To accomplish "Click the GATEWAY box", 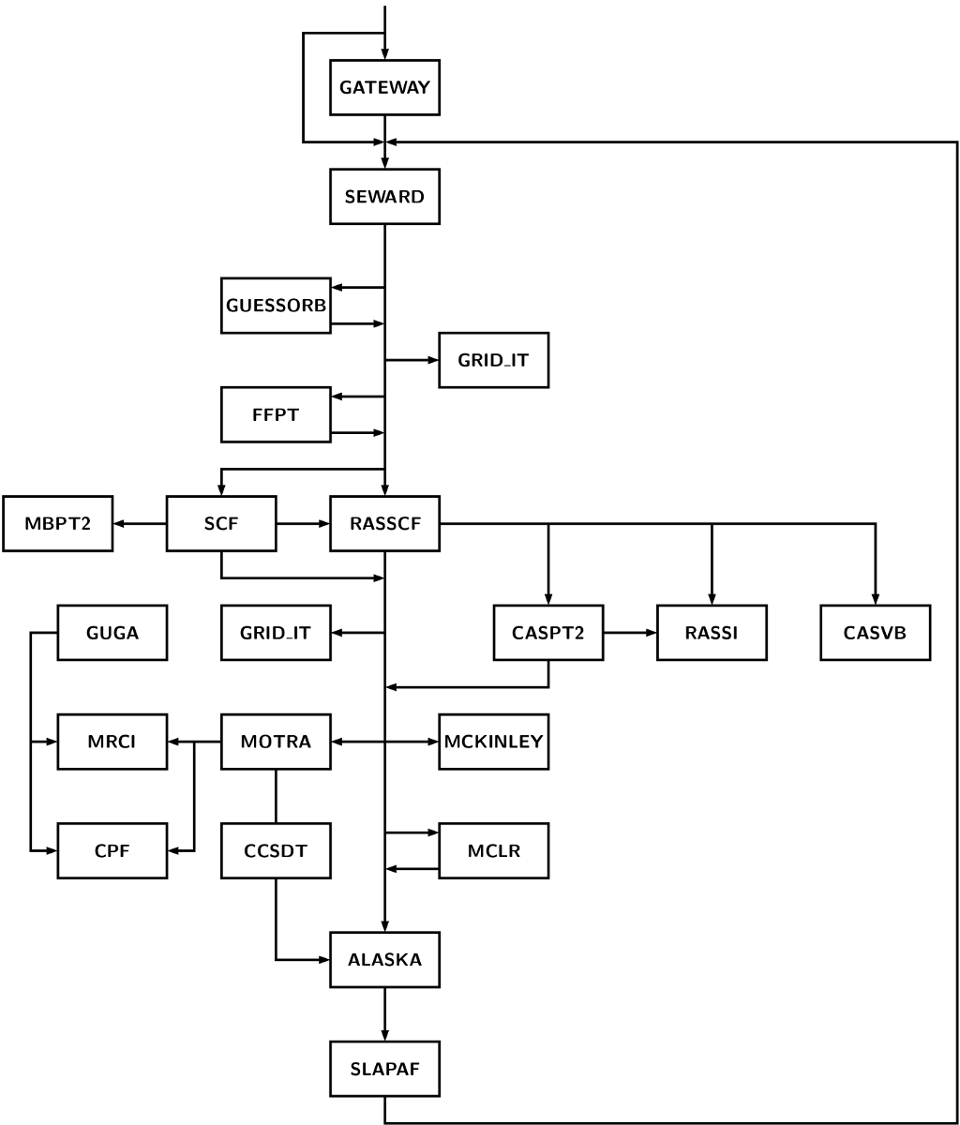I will click(x=384, y=88).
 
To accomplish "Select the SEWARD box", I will click(x=384, y=197).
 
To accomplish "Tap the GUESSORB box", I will click(x=276, y=306).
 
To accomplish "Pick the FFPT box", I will click(x=276, y=414).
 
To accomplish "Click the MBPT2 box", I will click(x=58, y=523).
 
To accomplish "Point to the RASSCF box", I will click(x=384, y=523).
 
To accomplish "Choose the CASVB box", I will click(x=876, y=633).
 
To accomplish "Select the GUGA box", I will click(x=112, y=633).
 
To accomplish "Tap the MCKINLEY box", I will click(x=494, y=742).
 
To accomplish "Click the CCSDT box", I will click(x=276, y=850).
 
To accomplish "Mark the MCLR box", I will click(x=494, y=850).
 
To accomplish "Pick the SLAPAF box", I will click(x=384, y=1069).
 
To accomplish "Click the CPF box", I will click(x=112, y=850).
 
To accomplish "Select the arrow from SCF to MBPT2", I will click(x=141, y=523).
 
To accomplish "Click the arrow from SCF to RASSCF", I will click(x=303, y=523).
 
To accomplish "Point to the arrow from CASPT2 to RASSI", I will click(x=630, y=633).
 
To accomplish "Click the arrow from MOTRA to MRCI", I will click(x=194, y=742).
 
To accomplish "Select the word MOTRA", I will click(x=276, y=742).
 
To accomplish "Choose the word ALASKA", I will click(x=384, y=960).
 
